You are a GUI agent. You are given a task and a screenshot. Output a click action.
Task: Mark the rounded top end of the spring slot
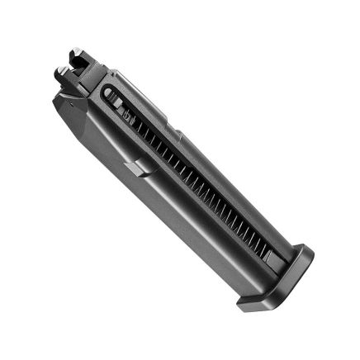(108, 92)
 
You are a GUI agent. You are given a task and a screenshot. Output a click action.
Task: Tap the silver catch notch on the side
(139, 167)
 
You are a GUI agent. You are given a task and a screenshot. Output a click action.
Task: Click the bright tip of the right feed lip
(76, 50)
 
